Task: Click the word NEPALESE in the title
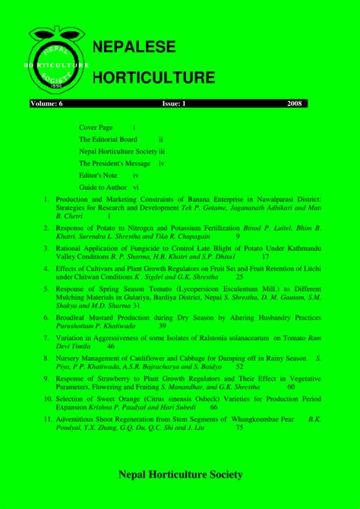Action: [134, 47]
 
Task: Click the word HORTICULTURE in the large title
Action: [153, 77]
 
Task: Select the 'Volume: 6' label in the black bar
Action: [47, 103]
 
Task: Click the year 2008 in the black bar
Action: [295, 103]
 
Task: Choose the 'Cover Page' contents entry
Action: [96, 128]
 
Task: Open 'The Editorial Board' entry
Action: [108, 140]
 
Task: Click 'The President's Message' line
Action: [115, 163]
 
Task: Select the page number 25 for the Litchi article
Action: [239, 277]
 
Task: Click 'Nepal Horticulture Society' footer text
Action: [179, 476]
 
